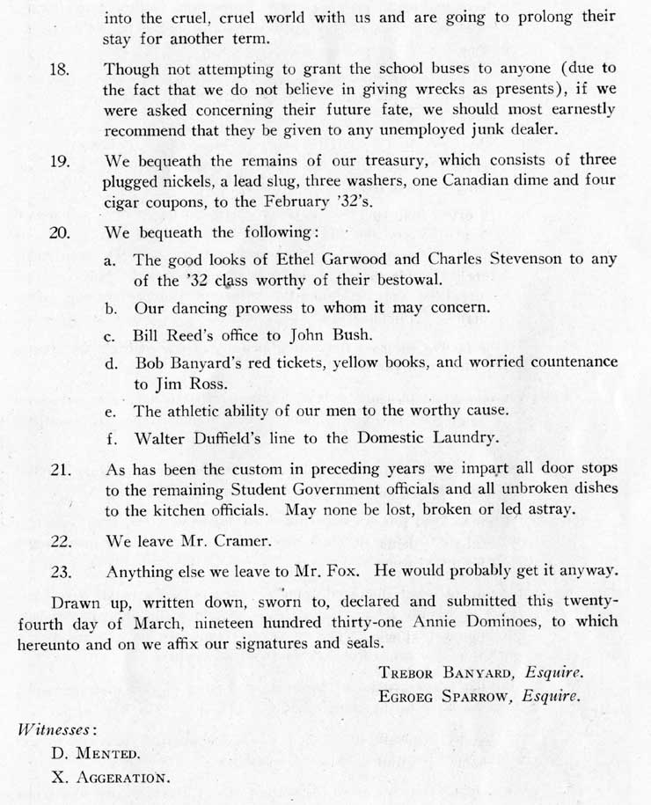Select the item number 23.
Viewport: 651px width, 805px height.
(60, 571)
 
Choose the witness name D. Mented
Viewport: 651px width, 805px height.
(96, 753)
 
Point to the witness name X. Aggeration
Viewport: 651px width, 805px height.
(110, 778)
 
